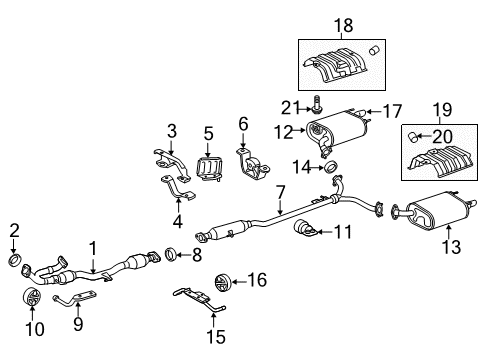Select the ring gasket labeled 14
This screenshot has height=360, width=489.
tap(331, 165)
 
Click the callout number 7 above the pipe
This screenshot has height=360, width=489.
tap(281, 190)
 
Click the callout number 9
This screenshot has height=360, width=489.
tap(79, 325)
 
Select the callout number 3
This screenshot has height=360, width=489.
tap(171, 130)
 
